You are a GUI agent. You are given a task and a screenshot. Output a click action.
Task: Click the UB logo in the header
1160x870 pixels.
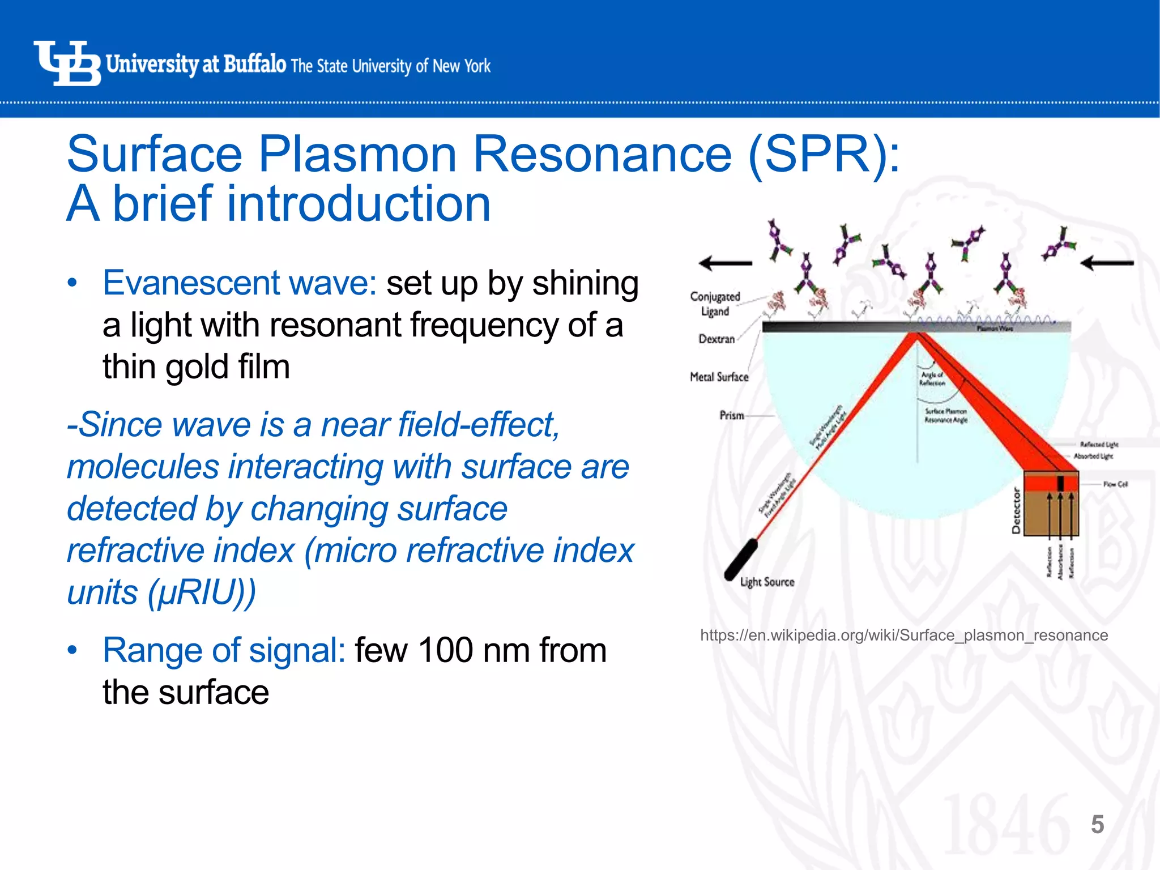(67, 63)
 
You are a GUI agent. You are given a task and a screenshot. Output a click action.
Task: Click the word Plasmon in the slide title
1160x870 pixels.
(357, 155)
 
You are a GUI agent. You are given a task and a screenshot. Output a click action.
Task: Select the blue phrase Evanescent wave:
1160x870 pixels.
(240, 283)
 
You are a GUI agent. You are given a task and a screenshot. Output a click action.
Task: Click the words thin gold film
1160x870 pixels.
(196, 367)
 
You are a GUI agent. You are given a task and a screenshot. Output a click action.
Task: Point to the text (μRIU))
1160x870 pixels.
(202, 592)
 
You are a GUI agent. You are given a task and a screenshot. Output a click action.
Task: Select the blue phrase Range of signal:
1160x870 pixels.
(224, 650)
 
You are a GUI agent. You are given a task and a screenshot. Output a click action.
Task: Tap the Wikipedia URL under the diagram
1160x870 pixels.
(903, 635)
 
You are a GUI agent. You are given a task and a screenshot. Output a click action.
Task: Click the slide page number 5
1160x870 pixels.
(1097, 825)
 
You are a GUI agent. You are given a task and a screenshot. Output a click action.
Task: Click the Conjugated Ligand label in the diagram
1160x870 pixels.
(715, 304)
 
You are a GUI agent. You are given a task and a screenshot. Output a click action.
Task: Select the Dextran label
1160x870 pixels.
(716, 339)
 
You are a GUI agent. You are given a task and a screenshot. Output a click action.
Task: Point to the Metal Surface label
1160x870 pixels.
(719, 377)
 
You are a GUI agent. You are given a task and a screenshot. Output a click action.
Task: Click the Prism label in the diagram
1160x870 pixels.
(731, 415)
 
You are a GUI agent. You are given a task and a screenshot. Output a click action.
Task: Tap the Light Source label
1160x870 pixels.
(767, 582)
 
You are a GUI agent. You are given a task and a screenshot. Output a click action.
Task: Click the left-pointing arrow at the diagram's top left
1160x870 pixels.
(725, 263)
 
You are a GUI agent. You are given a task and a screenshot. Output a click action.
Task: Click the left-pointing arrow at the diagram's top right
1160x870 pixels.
(1107, 263)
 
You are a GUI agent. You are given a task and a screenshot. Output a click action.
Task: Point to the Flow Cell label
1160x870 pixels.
(1115, 484)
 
